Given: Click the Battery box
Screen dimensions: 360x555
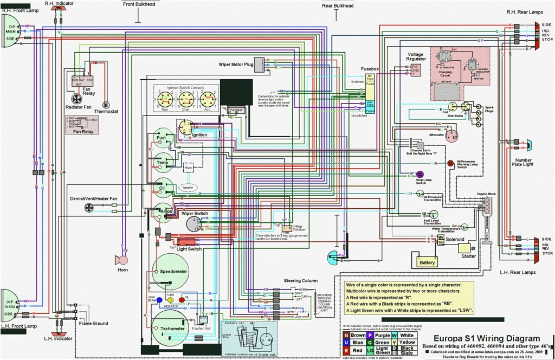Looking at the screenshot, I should [428, 262].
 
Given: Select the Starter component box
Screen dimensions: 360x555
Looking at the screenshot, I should [467, 248].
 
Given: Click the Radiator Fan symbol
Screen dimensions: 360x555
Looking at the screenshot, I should [77, 98].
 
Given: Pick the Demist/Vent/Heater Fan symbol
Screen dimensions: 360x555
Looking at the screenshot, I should [89, 208].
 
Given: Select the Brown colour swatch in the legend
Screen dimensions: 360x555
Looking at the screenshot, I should [346, 335].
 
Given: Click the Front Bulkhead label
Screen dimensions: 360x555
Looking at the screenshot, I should [138, 5].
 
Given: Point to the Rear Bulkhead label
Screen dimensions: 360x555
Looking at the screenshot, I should [338, 6].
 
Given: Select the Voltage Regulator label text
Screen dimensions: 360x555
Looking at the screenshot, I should [415, 57].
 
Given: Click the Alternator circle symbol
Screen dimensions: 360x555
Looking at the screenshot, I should [451, 136].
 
